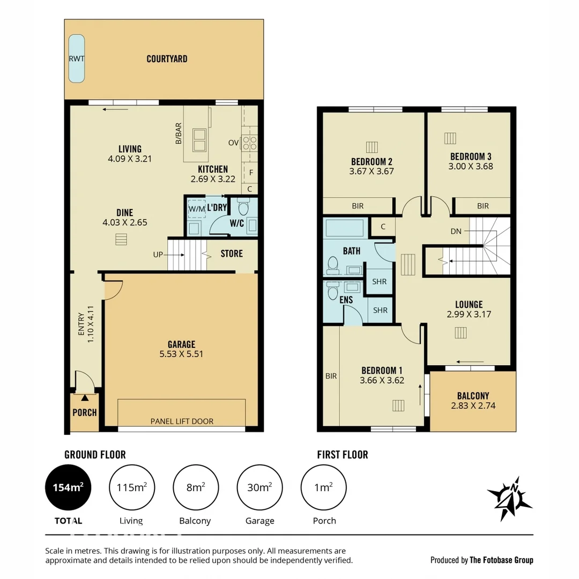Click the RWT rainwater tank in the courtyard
(x=77, y=58)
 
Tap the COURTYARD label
(x=167, y=59)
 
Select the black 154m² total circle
(x=68, y=487)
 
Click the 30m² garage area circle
(x=259, y=487)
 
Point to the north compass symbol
(x=510, y=498)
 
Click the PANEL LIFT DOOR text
(x=182, y=421)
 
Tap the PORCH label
(x=85, y=412)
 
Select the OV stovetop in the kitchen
(x=249, y=143)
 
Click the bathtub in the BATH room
(x=345, y=228)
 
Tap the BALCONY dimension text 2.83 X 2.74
(x=473, y=406)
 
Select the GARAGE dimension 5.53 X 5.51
(x=181, y=354)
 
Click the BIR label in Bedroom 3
(x=482, y=206)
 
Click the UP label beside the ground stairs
(x=158, y=255)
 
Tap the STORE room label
(x=232, y=254)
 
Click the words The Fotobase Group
(x=501, y=560)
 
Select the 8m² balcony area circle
(x=195, y=487)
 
